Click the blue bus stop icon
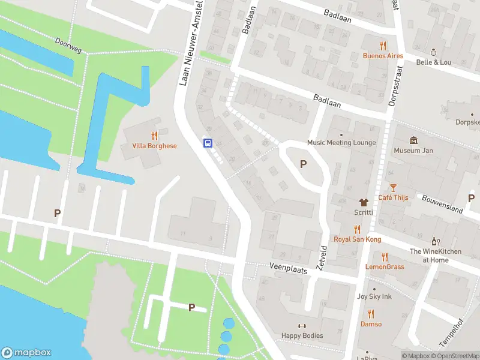click(208, 143)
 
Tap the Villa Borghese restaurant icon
click(154, 136)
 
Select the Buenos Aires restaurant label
click(383, 56)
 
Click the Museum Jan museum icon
click(413, 140)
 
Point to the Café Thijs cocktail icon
click(393, 188)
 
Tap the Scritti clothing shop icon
click(362, 203)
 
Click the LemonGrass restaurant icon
click(385, 257)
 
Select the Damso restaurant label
click(371, 324)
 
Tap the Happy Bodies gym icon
click(302, 326)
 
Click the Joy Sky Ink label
click(374, 296)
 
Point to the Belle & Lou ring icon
click(433, 52)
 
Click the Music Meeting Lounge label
click(341, 143)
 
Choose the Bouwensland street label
click(442, 204)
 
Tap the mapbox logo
click(26, 353)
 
